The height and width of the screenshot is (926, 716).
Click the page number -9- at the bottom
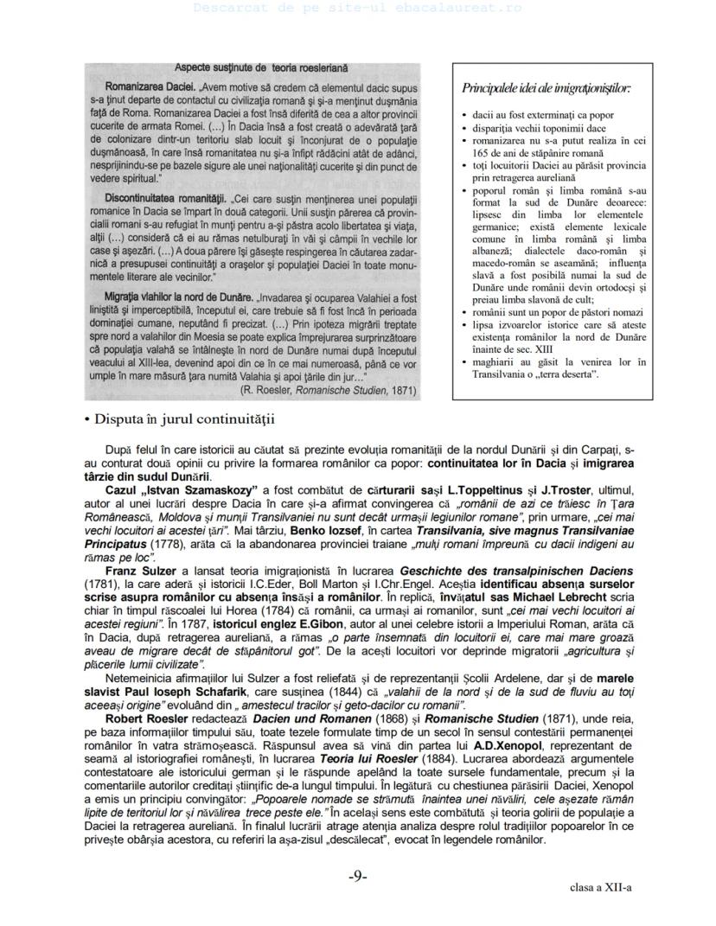point(358,876)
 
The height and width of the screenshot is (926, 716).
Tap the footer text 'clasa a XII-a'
point(600,887)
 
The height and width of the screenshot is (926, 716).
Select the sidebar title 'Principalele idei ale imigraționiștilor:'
point(547,88)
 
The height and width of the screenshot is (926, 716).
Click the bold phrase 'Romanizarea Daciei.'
point(150,87)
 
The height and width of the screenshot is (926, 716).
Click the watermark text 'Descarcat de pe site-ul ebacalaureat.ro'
point(358,7)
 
